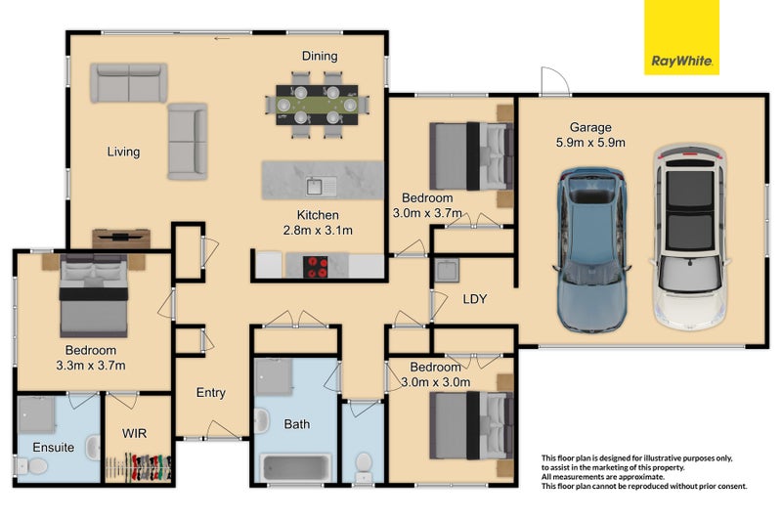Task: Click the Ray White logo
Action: (x=681, y=37)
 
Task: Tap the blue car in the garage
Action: (x=591, y=250)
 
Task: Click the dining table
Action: (x=317, y=106)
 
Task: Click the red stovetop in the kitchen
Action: (x=315, y=266)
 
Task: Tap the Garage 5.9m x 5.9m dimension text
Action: (x=590, y=135)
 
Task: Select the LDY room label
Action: (x=474, y=299)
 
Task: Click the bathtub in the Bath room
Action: (x=297, y=467)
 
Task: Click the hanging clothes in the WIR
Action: (x=140, y=467)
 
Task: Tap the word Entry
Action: (x=210, y=393)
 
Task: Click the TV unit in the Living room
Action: (x=121, y=239)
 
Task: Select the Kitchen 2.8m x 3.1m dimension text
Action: (x=318, y=223)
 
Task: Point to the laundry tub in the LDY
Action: (x=447, y=271)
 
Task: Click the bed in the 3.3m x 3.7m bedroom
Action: (x=94, y=294)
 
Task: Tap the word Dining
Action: (x=320, y=56)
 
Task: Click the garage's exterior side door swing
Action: (x=554, y=80)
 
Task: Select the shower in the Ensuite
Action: (x=36, y=414)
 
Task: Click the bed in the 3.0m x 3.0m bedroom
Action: (x=471, y=426)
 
